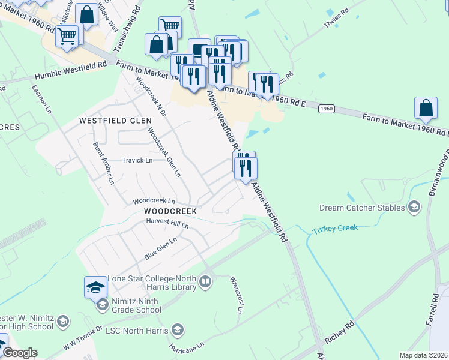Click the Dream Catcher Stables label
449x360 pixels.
(362, 208)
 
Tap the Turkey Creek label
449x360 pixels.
(335, 228)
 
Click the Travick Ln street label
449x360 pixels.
(137, 160)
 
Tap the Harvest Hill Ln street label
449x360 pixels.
(167, 224)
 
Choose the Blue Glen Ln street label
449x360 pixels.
(160, 248)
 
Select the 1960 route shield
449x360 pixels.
(326, 109)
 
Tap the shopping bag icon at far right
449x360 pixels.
(426, 108)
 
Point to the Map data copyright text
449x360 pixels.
(423, 355)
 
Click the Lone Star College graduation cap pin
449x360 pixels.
(95, 288)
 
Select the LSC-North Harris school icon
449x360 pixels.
(177, 329)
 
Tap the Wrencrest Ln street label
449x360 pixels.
(236, 295)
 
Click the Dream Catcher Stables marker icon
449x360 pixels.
(414, 208)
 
